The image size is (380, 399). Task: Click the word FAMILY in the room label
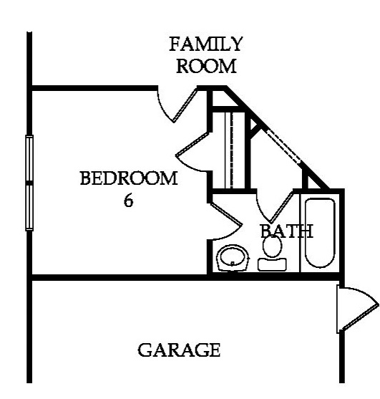click(206, 44)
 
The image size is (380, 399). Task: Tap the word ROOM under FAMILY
click(206, 66)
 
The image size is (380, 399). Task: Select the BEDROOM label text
click(129, 178)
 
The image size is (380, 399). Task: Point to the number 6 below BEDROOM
click(129, 201)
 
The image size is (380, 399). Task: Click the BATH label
click(287, 231)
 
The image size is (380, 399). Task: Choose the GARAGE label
click(179, 350)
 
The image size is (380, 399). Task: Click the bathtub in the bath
click(320, 233)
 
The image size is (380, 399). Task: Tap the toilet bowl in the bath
click(272, 246)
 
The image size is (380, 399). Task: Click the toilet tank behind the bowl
click(272, 264)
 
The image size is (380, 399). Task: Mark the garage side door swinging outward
click(358, 309)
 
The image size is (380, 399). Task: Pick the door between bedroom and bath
click(225, 221)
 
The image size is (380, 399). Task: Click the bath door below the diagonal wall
click(276, 206)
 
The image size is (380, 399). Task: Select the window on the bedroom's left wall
click(29, 183)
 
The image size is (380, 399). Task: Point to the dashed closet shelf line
click(231, 150)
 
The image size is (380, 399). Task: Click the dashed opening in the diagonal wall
click(283, 146)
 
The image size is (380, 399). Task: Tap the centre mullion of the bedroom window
click(29, 183)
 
